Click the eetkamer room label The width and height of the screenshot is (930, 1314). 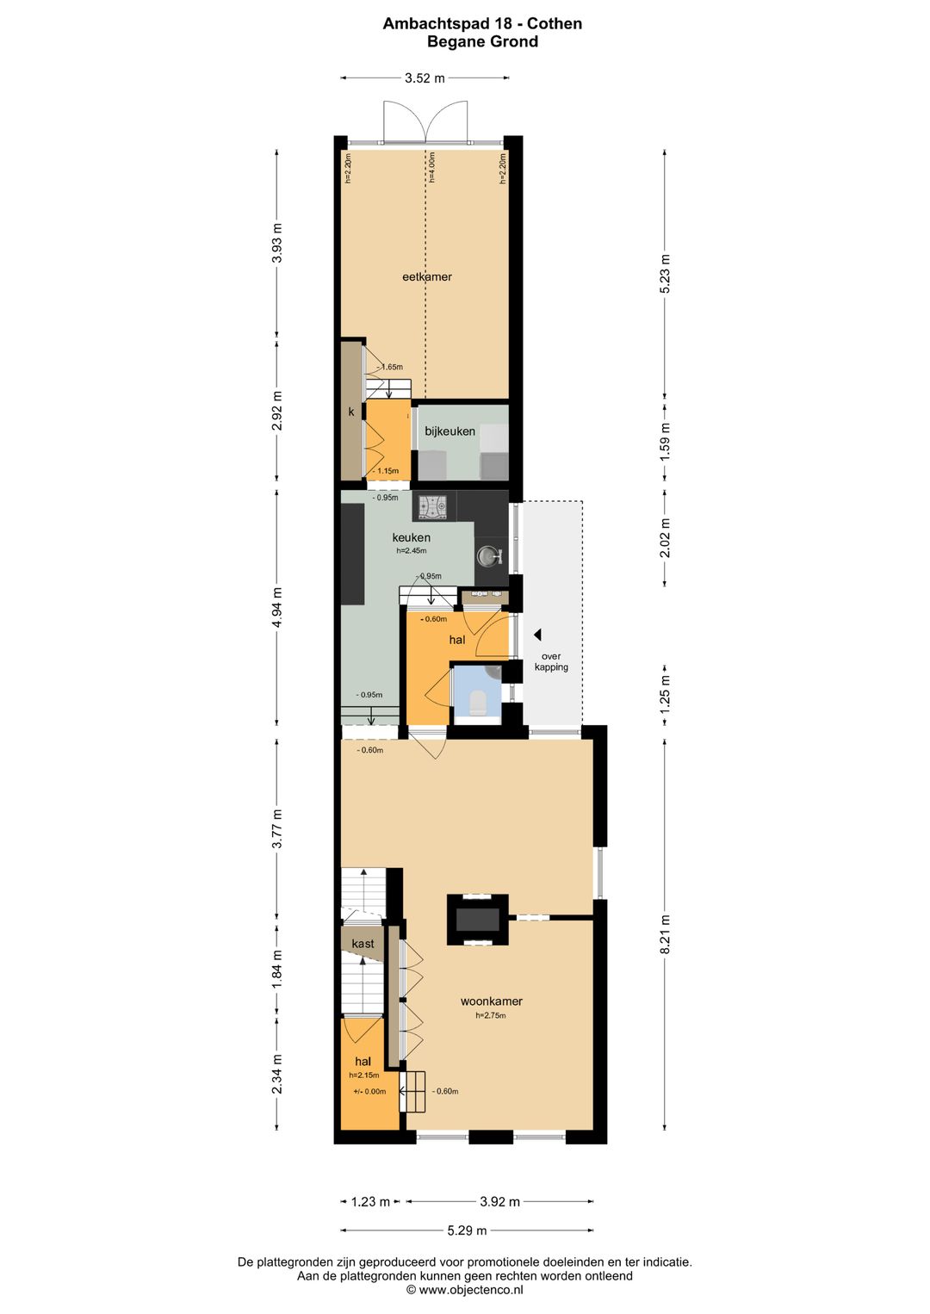[x=426, y=277]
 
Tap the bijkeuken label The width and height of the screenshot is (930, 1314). [x=450, y=431]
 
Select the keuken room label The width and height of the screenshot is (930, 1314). [x=412, y=537]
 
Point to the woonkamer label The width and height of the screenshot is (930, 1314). [x=491, y=1001]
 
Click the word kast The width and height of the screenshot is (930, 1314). [x=363, y=944]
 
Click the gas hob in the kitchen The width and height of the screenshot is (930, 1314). [x=432, y=505]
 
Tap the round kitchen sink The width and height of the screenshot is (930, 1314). [x=487, y=555]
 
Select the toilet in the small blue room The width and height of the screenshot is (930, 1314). [x=478, y=702]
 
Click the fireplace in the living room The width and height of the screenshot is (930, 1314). [x=478, y=920]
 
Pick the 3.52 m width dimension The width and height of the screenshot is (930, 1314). [x=425, y=77]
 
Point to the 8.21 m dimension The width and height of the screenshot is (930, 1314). [x=665, y=934]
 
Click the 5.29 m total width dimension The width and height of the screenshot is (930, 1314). [x=467, y=1230]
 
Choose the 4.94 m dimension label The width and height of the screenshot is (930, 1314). [x=277, y=607]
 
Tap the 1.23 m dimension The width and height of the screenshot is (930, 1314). [x=371, y=1202]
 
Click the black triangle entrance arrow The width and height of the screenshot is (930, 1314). [x=537, y=634]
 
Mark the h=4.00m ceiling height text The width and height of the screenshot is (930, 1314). [x=432, y=168]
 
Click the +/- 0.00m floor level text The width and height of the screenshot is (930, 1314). [x=369, y=1092]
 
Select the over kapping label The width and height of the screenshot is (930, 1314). [x=552, y=661]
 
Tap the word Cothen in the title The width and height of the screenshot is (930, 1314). [x=555, y=24]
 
